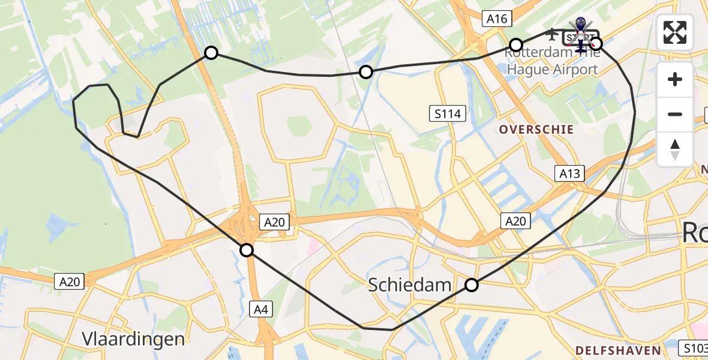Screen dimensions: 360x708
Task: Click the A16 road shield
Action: pyautogui.click(x=497, y=19)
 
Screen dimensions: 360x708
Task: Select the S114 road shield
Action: pyautogui.click(x=448, y=112)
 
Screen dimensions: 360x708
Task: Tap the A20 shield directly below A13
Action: pyautogui.click(x=515, y=221)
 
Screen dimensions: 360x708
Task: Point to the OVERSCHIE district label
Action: pyautogui.click(x=536, y=130)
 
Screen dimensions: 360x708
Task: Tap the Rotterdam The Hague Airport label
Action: pyautogui.click(x=552, y=61)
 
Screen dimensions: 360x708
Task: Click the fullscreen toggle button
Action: pyautogui.click(x=675, y=32)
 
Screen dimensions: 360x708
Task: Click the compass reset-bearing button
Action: pyautogui.click(x=675, y=149)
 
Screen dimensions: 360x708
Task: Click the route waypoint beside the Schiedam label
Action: pyautogui.click(x=472, y=285)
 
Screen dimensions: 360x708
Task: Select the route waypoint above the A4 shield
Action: pyautogui.click(x=247, y=250)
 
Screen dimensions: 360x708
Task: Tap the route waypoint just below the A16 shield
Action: pyautogui.click(x=516, y=45)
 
